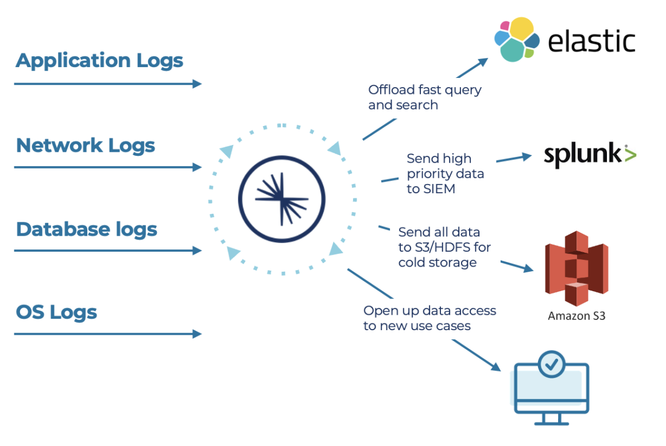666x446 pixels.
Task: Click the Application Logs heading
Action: pyautogui.click(x=99, y=61)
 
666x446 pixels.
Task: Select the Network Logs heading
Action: pyautogui.click(x=86, y=146)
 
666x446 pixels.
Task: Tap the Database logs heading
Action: pyautogui.click(x=87, y=229)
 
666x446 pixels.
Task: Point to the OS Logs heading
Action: pyautogui.click(x=56, y=313)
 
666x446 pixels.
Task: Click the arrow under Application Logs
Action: pyautogui.click(x=108, y=84)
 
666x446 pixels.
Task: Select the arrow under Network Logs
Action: pyautogui.click(x=108, y=167)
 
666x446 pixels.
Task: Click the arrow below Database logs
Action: pyautogui.click(x=108, y=251)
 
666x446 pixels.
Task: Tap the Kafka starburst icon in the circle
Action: pyautogui.click(x=281, y=198)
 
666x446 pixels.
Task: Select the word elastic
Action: pyautogui.click(x=591, y=41)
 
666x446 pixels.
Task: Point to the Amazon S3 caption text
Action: pyautogui.click(x=576, y=316)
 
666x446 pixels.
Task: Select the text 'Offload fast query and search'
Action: pyautogui.click(x=425, y=97)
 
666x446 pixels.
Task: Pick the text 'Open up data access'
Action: pyautogui.click(x=429, y=311)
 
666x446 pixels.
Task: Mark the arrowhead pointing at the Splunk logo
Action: pyautogui.click(x=528, y=155)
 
